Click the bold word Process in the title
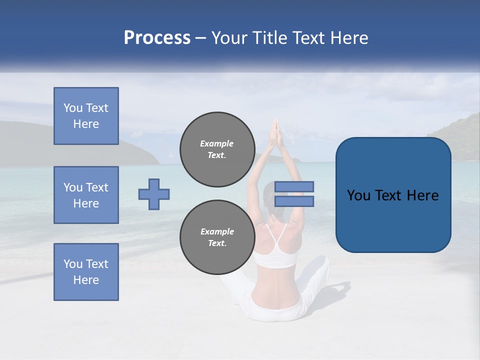click(157, 38)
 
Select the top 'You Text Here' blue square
click(86, 116)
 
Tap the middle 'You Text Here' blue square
click(86, 195)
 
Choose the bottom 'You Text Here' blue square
click(86, 272)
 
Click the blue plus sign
click(154, 194)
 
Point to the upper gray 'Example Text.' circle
click(217, 149)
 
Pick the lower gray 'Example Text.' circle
click(217, 237)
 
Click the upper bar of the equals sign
click(294, 187)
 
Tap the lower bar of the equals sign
click(294, 201)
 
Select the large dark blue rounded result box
click(393, 195)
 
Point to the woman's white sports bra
click(276, 253)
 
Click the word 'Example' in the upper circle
click(217, 143)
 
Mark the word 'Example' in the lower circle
click(217, 231)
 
